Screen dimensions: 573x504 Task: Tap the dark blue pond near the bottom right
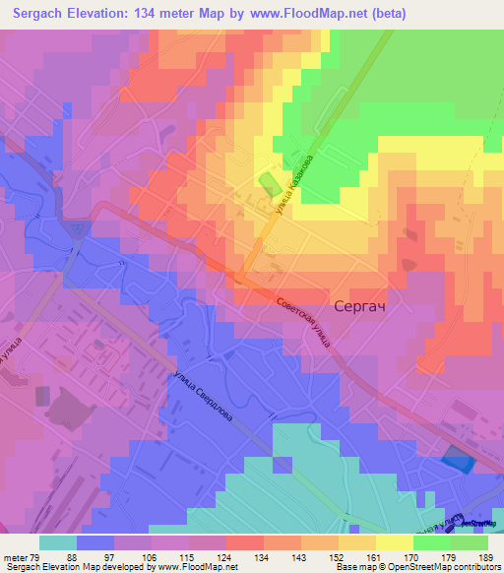click(x=456, y=459)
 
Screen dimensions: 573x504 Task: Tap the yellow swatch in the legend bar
click(x=394, y=542)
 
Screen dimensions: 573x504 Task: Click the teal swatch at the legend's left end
click(x=58, y=542)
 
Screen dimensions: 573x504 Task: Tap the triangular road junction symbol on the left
click(x=78, y=228)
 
